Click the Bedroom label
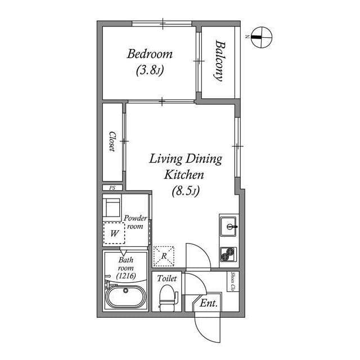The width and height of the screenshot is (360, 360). (x=150, y=55)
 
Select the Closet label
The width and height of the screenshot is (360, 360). (x=112, y=141)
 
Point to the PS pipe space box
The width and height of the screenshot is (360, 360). (x=112, y=188)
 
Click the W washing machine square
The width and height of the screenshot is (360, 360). (x=114, y=232)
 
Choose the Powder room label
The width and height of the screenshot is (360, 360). (x=135, y=222)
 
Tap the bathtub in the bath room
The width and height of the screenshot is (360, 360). (x=126, y=296)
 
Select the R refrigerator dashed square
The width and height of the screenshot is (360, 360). (x=164, y=256)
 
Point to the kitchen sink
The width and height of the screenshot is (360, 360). (x=228, y=227)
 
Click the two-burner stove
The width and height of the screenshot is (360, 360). (x=228, y=256)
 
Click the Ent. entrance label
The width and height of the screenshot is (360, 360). (x=209, y=303)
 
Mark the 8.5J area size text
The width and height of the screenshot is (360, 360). (x=186, y=191)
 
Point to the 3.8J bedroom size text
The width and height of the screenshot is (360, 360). (x=150, y=71)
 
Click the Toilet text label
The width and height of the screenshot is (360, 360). (x=167, y=278)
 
